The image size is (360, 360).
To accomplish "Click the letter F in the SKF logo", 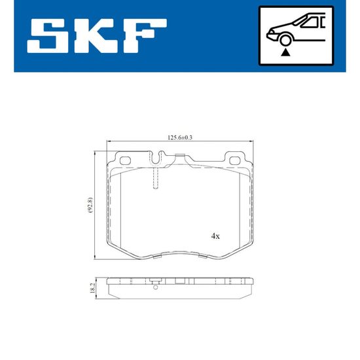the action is pos(145,36).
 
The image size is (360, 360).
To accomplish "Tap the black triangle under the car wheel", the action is pos(285,52).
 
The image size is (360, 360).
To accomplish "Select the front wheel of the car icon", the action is pos(285,40).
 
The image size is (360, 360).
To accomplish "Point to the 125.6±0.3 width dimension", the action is pos(180,137).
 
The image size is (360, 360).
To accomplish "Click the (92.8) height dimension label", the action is pos(90,205).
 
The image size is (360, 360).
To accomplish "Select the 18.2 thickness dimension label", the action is pos(92,288).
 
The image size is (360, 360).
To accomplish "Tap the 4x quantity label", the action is pos(215,236).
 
